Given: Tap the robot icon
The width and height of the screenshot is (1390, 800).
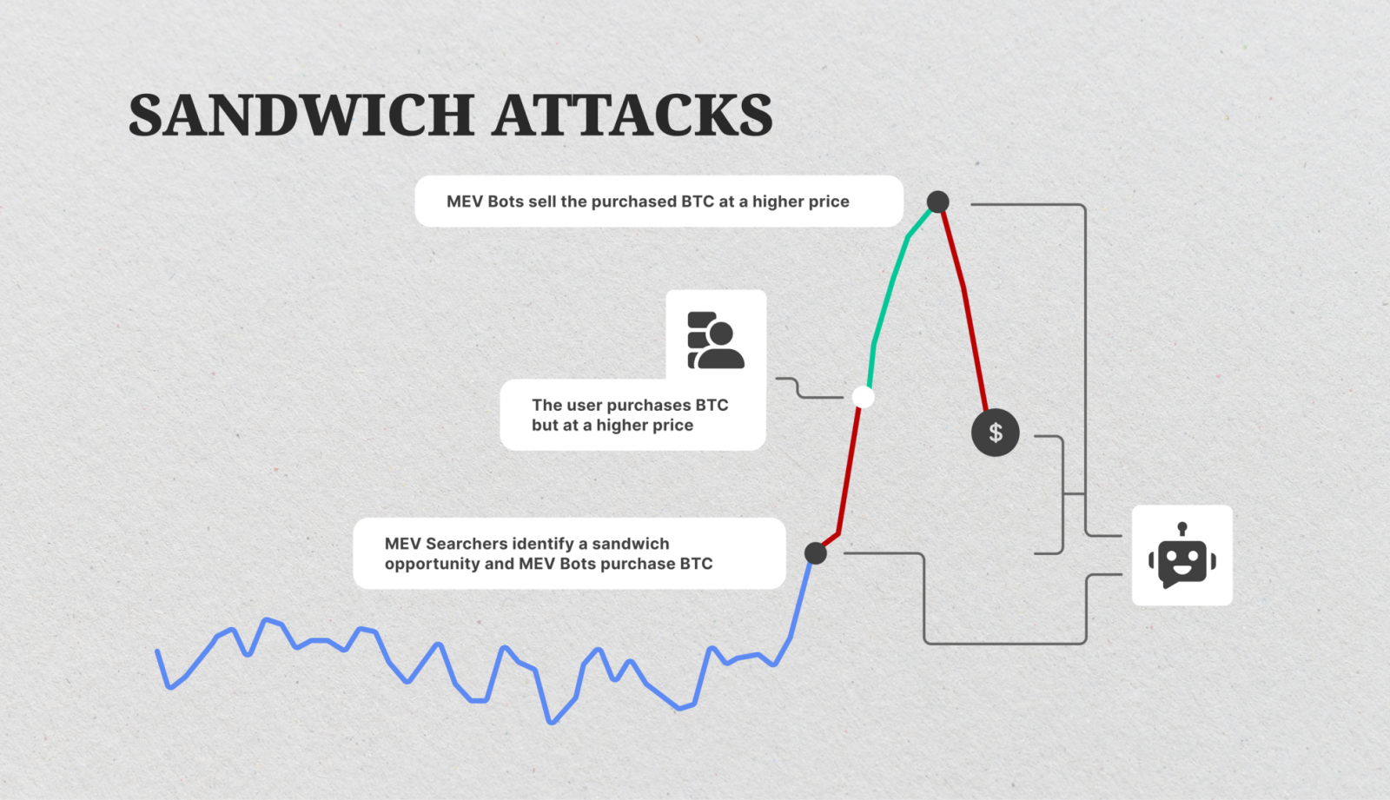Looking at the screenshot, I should tap(1181, 556).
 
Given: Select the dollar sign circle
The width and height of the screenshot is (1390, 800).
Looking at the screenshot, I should tap(995, 432).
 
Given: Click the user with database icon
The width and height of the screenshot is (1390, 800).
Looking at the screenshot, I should tap(715, 340).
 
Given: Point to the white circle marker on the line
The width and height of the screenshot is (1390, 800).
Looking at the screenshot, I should tap(863, 397).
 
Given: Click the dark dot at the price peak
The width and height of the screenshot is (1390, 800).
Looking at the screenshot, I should tap(937, 202).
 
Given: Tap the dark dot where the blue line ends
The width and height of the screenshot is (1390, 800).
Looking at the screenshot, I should tap(815, 552).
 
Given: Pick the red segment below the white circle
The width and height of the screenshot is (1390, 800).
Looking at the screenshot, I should tap(849, 469).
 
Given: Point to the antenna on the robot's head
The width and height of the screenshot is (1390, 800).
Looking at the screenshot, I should tap(1181, 528).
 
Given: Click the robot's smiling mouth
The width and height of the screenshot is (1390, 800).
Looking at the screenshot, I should tap(1182, 570).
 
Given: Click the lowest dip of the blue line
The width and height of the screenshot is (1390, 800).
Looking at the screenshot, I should tap(551, 721).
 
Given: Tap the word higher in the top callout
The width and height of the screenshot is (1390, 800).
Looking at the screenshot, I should tap(778, 202).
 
